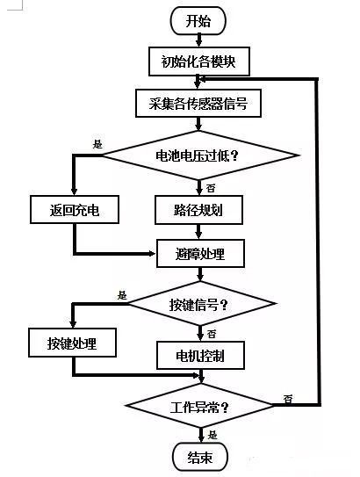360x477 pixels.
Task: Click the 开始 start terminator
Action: (198, 21)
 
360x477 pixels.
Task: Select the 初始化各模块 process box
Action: (199, 61)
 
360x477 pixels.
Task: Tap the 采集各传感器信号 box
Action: (198, 103)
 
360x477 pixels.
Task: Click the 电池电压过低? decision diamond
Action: (199, 155)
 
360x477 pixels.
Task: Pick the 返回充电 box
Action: (75, 210)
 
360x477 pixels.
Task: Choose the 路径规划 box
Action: (198, 210)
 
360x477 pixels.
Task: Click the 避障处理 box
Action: (200, 253)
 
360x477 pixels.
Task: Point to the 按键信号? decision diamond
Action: (201, 304)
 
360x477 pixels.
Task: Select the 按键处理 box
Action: (72, 343)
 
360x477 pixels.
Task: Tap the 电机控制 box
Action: (200, 355)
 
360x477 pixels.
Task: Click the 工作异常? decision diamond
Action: (200, 406)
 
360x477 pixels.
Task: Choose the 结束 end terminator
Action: (200, 457)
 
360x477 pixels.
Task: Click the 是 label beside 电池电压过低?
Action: (97, 144)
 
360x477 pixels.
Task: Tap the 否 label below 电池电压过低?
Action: (211, 188)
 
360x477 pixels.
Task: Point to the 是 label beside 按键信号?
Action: (122, 295)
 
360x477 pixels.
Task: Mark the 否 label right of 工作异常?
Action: (288, 398)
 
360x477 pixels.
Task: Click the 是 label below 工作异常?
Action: (212, 435)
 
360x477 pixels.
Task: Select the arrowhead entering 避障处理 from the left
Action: (152, 253)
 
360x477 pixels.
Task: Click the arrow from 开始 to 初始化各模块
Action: (198, 41)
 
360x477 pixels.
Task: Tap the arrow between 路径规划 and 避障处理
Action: (198, 232)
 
